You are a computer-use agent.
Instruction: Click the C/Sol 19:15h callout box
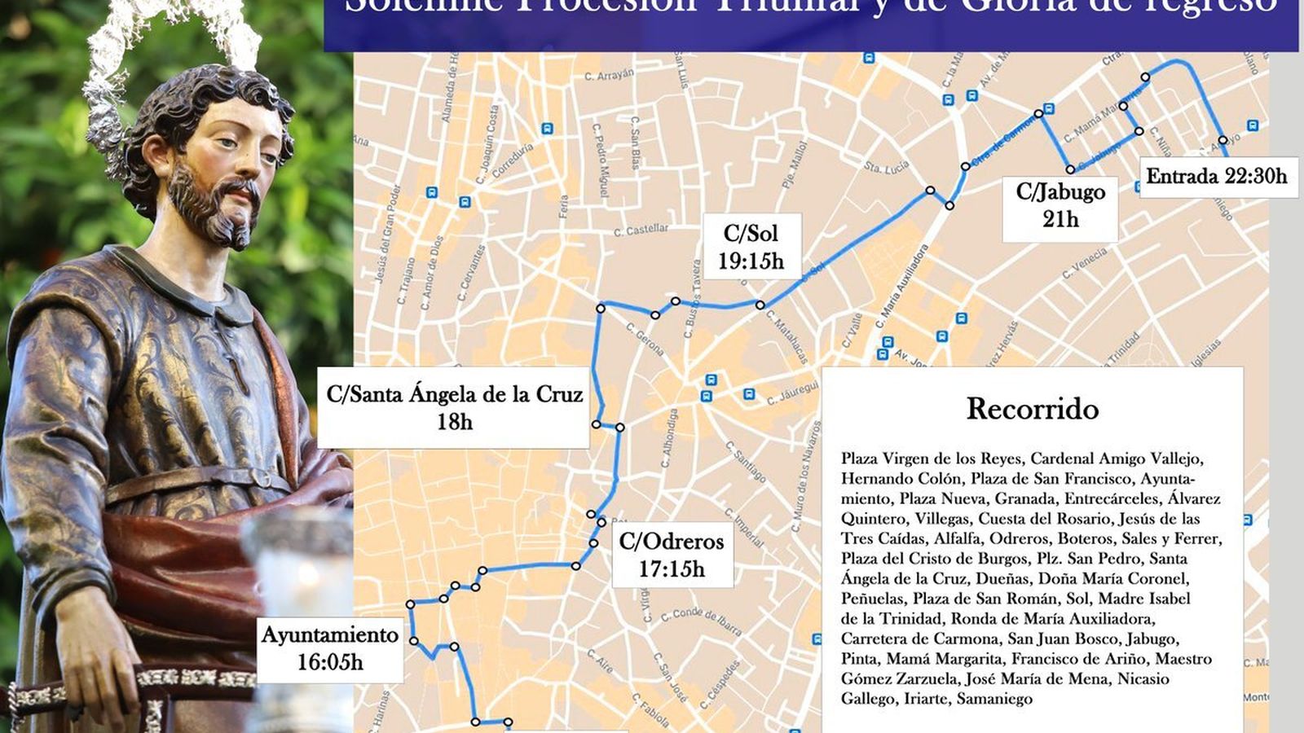751,247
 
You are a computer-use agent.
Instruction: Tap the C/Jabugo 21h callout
1059,206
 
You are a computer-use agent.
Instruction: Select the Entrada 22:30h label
1216,176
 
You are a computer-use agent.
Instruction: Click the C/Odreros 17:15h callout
671,555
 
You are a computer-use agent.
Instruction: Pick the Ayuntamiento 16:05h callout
330,648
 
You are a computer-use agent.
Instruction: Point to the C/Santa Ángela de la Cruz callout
454,407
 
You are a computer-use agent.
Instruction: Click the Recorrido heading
1032,408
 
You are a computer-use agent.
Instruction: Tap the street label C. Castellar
641,230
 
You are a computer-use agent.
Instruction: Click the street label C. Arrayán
609,75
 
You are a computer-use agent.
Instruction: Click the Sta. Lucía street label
886,167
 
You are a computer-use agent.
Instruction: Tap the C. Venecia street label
1085,264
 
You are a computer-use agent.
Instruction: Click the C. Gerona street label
645,338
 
